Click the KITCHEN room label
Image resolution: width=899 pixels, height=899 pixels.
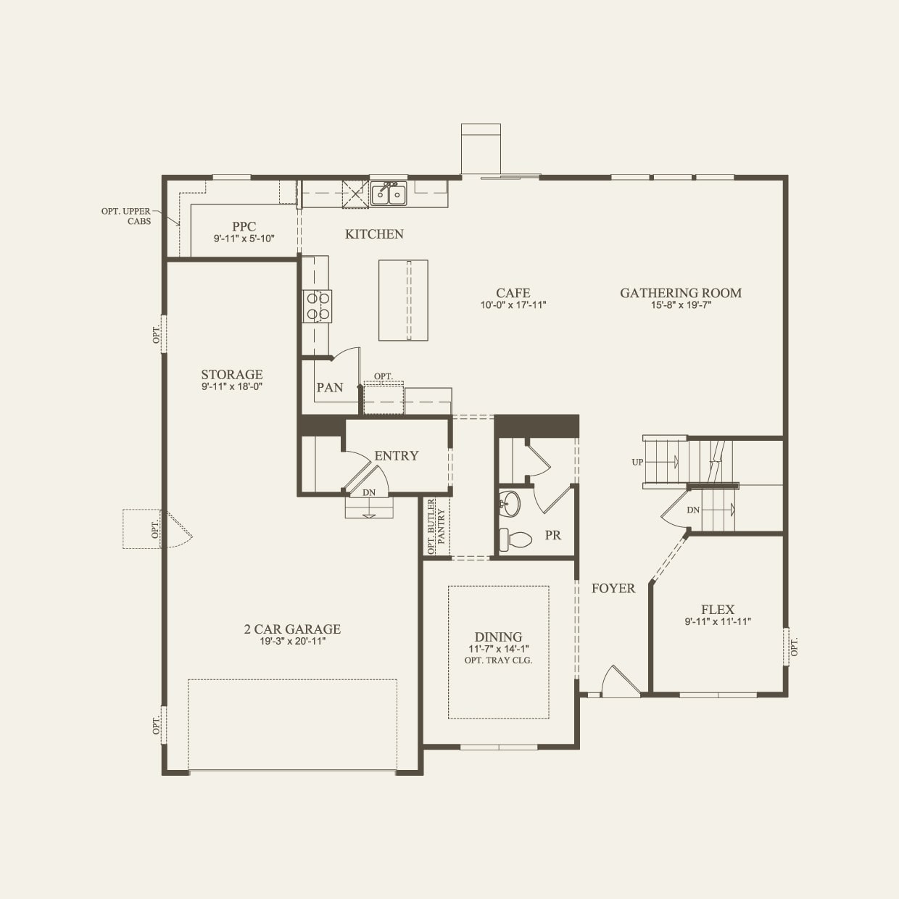pos(374,234)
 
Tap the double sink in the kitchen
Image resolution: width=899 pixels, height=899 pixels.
pos(389,194)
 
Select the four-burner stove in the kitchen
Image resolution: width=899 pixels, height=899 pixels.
pos(317,305)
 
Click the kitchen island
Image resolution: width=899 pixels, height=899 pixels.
pos(403,299)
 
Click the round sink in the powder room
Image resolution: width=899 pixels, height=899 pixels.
pos(510,504)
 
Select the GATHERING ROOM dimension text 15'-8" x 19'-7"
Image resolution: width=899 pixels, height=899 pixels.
pos(680,305)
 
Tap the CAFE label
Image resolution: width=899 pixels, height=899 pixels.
pos(513,293)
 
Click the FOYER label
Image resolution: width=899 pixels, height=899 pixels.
pos(613,589)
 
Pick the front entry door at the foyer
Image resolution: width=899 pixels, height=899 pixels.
pos(619,683)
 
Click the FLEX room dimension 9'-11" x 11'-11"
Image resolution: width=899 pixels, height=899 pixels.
pos(718,621)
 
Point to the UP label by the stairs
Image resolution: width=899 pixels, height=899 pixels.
pos(637,462)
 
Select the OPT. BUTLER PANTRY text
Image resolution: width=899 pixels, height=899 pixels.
pos(436,527)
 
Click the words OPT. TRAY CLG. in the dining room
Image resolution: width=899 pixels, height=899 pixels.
pos(498,660)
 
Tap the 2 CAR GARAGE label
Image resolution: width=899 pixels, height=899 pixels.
pos(292,629)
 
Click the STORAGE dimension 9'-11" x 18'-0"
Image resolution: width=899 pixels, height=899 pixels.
pos(232,386)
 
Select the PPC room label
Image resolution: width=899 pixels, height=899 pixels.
pos(244,227)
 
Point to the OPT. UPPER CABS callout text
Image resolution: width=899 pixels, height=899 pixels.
pos(126,216)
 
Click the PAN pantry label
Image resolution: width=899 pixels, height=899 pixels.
pos(330,388)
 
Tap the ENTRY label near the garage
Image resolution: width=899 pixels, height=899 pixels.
pos(397,456)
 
